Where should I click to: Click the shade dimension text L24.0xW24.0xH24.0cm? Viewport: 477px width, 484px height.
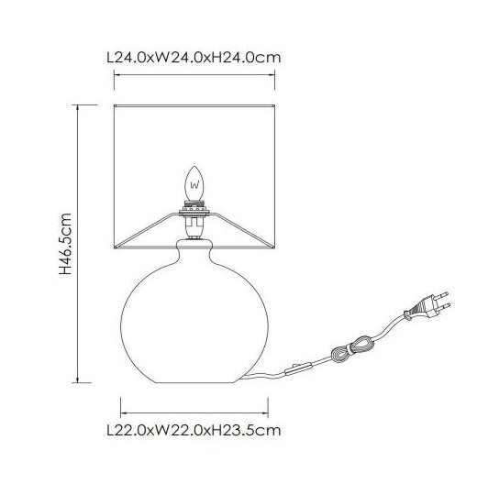click(x=194, y=58)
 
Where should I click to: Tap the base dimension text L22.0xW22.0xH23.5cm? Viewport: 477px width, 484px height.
click(x=194, y=430)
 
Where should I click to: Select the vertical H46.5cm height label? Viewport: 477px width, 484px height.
click(x=65, y=244)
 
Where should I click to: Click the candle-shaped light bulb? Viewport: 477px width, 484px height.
click(x=194, y=183)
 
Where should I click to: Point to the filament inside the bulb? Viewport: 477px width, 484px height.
click(x=194, y=185)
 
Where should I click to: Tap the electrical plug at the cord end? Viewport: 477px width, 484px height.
click(x=427, y=307)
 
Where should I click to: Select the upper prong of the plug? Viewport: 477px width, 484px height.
click(x=442, y=295)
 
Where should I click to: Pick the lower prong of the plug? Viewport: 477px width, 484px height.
click(x=444, y=306)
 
